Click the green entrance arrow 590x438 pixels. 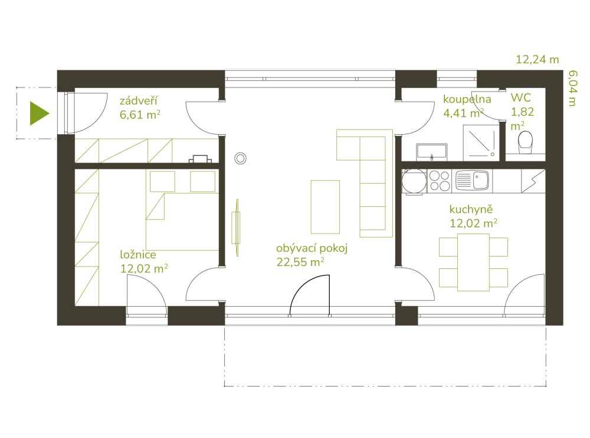click(39, 113)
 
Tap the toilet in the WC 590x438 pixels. click(525, 142)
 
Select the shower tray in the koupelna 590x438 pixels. click(481, 142)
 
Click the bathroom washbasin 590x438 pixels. click(432, 152)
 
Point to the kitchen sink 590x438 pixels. click(472, 180)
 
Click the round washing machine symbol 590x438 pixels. click(414, 181)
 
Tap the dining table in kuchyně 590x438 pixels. click(473, 262)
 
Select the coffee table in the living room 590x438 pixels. click(325, 207)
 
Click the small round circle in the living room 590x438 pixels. click(240, 158)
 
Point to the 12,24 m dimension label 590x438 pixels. click(537, 60)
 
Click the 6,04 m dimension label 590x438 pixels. click(572, 88)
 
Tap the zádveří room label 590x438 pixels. click(139, 100)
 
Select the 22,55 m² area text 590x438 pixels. click(300, 262)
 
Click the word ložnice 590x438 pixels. click(138, 254)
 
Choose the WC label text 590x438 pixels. click(521, 98)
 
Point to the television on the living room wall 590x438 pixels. click(237, 228)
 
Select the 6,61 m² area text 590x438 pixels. click(140, 114)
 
